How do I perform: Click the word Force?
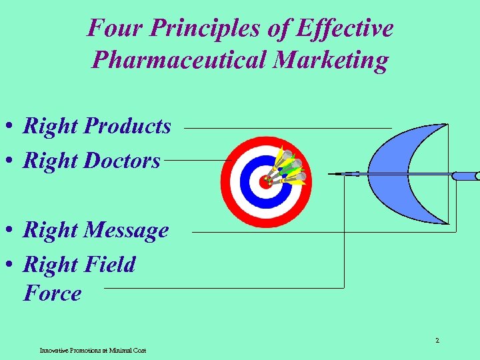click(x=52, y=293)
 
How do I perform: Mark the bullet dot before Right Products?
click(x=13, y=127)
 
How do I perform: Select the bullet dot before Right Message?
click(x=13, y=231)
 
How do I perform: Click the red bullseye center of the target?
click(x=265, y=182)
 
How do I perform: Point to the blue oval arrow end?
click(x=465, y=176)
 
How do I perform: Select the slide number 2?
click(x=437, y=341)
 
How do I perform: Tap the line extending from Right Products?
click(x=287, y=127)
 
